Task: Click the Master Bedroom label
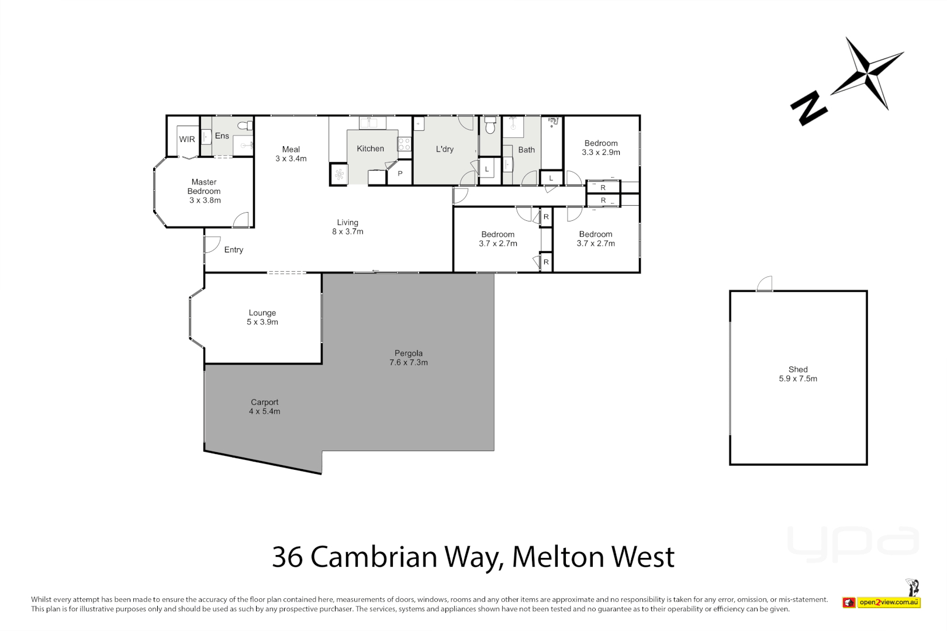(204, 186)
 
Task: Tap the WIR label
(187, 139)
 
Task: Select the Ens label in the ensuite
(222, 136)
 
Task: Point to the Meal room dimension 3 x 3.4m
(291, 159)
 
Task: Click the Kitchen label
(370, 149)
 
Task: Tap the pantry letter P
(400, 174)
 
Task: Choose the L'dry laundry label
(444, 149)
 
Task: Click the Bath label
(526, 150)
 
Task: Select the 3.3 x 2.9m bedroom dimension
(601, 152)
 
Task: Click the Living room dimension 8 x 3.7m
(348, 232)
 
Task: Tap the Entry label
(233, 250)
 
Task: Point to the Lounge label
(262, 313)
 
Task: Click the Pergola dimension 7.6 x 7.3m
(409, 363)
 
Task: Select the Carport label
(265, 403)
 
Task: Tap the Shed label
(798, 369)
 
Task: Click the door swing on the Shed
(765, 284)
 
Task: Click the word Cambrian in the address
(374, 557)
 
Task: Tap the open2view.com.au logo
(889, 602)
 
